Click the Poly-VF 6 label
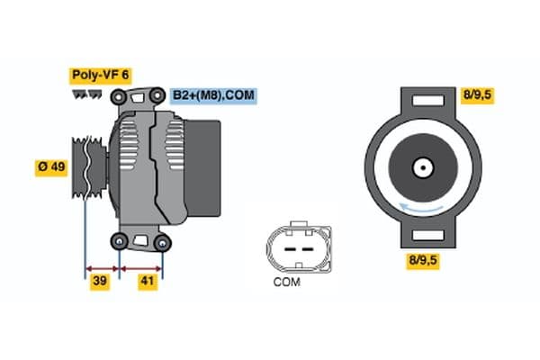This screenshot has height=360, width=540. pyautogui.click(x=100, y=76)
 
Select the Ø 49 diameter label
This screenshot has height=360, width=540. pyautogui.click(x=51, y=166)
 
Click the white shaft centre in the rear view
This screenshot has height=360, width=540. pyautogui.click(x=421, y=167)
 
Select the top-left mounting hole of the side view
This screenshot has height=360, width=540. pyautogui.click(x=118, y=94)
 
